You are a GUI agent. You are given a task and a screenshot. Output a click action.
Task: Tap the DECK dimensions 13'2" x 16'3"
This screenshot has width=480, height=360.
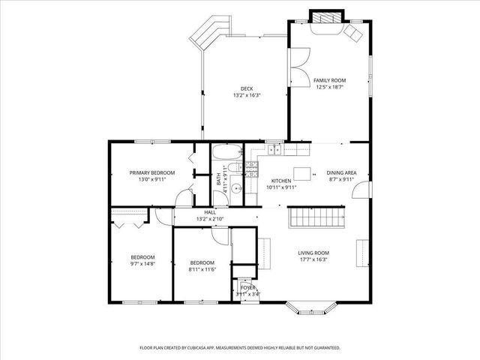coord(246,95)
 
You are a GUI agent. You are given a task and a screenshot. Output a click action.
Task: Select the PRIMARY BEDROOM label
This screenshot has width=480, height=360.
coord(151,173)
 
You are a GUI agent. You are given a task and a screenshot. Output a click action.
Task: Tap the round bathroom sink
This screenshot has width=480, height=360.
coord(235,189)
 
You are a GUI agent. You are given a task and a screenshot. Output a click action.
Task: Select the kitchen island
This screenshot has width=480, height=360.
coord(302,173)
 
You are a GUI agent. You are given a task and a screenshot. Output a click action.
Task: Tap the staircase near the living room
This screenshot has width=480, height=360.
coord(315,218)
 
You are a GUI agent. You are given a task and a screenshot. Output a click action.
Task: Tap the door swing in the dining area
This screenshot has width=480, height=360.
coord(362,190)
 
